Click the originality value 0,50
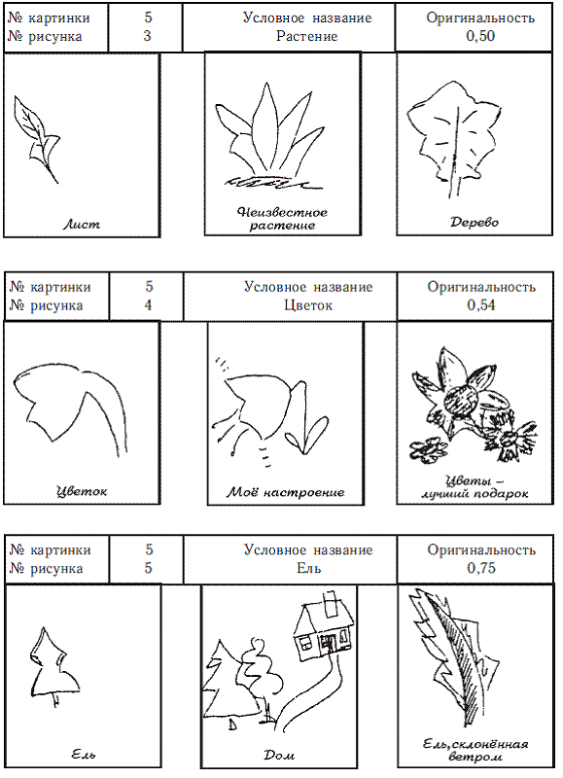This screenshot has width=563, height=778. pyautogui.click(x=480, y=36)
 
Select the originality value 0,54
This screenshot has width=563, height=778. pyautogui.click(x=481, y=304)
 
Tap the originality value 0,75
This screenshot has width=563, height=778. pyautogui.click(x=481, y=568)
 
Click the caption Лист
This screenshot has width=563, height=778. pyautogui.click(x=82, y=225)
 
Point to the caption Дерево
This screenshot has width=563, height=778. pyautogui.click(x=475, y=222)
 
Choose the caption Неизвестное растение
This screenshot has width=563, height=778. pyautogui.click(x=282, y=219)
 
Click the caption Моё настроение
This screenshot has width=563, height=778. pyautogui.click(x=286, y=492)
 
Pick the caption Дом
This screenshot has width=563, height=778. pyautogui.click(x=279, y=756)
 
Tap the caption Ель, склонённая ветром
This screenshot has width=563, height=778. pyautogui.click(x=475, y=750)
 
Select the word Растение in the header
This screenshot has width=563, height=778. pyautogui.click(x=306, y=36)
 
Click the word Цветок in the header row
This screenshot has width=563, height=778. pyautogui.click(x=308, y=305)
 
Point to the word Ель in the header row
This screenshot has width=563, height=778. pyautogui.click(x=308, y=568)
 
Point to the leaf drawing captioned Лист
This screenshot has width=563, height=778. pyautogui.click(x=37, y=140)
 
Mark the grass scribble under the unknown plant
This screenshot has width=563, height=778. pyautogui.click(x=272, y=182)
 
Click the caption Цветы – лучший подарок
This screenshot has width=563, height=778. pyautogui.click(x=475, y=487)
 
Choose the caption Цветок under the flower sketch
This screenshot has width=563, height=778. pyautogui.click(x=82, y=491)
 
